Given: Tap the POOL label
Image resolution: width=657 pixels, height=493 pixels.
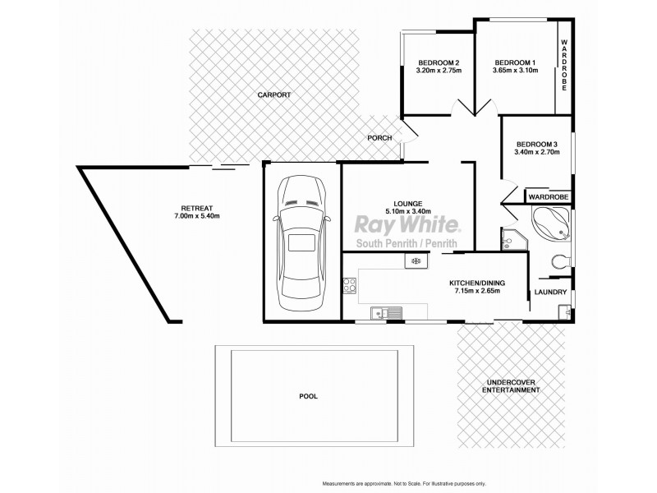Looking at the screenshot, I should coord(308,396).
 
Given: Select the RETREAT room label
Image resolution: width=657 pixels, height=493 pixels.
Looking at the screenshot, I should coord(196,207).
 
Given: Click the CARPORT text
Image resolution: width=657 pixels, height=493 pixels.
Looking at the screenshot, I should coord(273,95).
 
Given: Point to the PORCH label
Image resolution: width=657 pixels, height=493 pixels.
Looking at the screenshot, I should coord(379,138).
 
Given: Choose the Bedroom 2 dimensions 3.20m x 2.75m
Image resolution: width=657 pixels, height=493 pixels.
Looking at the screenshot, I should coord(438,71).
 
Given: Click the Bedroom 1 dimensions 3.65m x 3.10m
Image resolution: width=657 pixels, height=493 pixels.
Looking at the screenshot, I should coord(515,71).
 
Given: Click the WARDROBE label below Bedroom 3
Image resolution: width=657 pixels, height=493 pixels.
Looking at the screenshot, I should coord(548,197).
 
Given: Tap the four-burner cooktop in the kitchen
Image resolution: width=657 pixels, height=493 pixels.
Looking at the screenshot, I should coord(350,287).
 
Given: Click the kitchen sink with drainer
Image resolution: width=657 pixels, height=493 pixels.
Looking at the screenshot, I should coord(385,312).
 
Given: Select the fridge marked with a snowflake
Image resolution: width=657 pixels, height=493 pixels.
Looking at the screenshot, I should coord(416,261).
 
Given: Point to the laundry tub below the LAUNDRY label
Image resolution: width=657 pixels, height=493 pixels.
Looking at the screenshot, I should coord(563,312).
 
